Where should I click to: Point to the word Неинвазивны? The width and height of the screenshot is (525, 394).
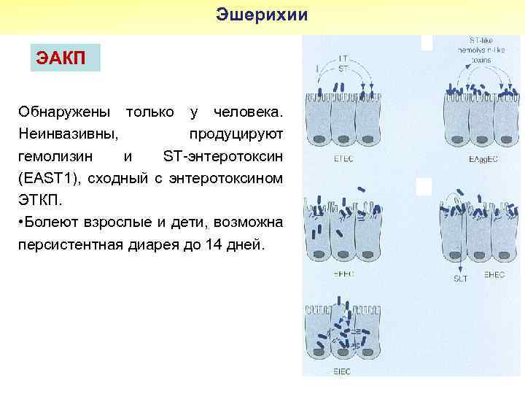coord(70,134)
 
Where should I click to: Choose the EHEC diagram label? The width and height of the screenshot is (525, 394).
coord(494,275)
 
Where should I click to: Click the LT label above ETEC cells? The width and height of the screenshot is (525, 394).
coord(343,57)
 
